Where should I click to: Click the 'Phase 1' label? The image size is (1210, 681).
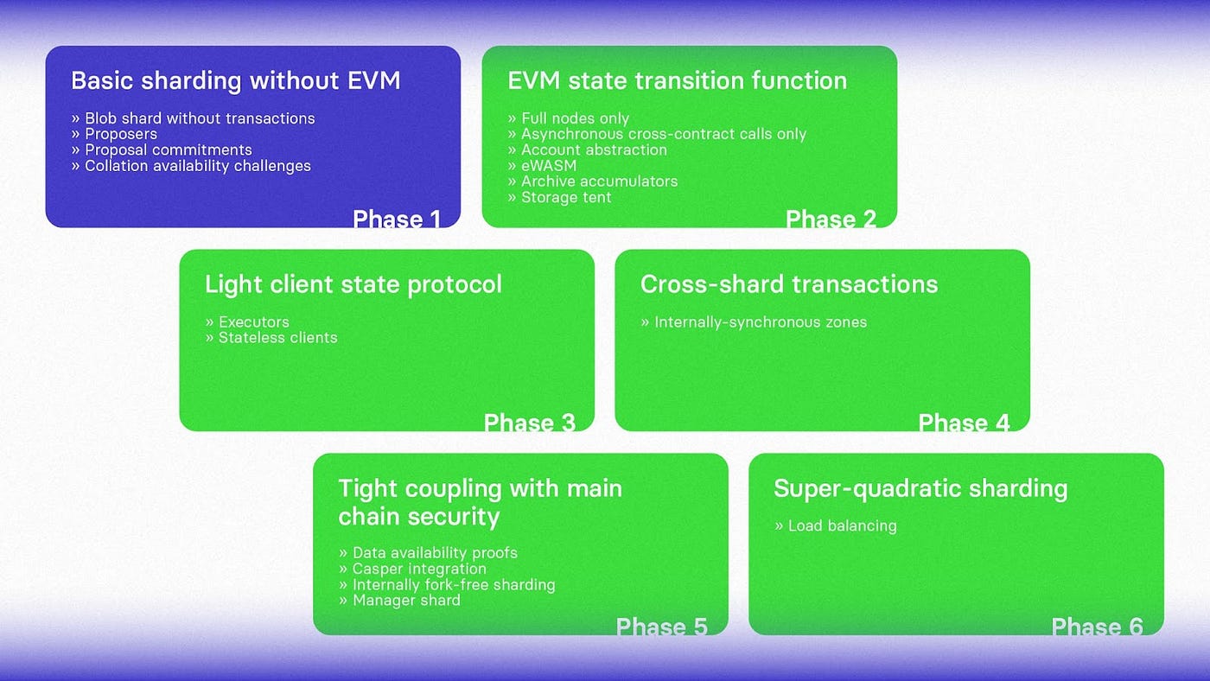click(x=397, y=220)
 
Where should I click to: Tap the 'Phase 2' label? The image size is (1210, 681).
click(x=831, y=220)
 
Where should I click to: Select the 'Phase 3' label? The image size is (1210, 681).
click(x=529, y=423)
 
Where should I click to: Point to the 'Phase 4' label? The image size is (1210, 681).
click(x=964, y=423)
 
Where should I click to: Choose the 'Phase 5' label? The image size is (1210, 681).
click(x=661, y=627)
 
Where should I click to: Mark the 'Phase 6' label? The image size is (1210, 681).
click(x=1097, y=627)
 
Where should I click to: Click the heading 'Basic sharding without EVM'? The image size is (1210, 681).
click(x=235, y=81)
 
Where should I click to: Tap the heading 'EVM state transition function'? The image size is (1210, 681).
click(x=677, y=81)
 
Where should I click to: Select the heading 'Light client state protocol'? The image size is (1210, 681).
click(x=353, y=284)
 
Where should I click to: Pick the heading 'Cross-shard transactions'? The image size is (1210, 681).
click(x=788, y=284)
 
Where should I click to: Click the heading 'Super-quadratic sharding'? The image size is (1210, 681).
click(x=920, y=488)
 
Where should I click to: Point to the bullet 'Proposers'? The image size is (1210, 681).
click(x=120, y=134)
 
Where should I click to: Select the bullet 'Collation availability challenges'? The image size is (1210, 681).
click(x=197, y=166)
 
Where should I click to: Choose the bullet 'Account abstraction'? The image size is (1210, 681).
click(x=594, y=150)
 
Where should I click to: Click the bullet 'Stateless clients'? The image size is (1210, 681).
click(x=277, y=338)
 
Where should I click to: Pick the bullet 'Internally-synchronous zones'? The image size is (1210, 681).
click(x=760, y=322)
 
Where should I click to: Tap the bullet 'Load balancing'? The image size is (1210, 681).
click(x=842, y=525)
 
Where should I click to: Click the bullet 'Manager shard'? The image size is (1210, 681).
click(x=405, y=601)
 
